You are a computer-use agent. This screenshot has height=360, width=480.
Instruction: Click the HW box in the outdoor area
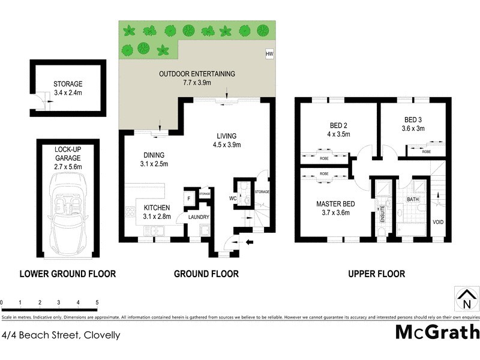pos(269,54)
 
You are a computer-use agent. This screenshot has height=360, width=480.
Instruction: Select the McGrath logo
pos(437,332)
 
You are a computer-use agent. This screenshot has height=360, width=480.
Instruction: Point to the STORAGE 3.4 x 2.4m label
pos(67,88)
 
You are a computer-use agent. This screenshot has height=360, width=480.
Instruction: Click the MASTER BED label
pos(335,208)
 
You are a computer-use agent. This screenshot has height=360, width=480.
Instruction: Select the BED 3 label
pos(413,124)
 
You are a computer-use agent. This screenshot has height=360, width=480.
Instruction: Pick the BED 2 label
pos(339,130)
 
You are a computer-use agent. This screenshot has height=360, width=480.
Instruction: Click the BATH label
pos(413,199)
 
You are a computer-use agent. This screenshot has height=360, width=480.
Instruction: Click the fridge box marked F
pos(189,197)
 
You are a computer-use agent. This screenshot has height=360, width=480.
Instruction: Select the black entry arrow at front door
pos(250,243)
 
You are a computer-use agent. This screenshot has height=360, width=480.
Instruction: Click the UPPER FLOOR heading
pos(377,274)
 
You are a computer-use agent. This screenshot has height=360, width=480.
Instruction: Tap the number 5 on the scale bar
pos(97,302)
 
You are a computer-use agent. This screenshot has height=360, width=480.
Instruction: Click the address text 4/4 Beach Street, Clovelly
pos(61,335)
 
